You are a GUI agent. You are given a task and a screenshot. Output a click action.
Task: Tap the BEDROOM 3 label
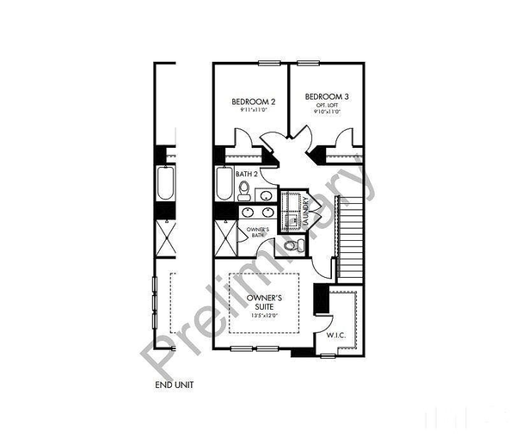point(323,95)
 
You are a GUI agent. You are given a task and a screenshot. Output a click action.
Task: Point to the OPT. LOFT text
point(323,104)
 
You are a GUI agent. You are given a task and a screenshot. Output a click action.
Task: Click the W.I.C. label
point(336,336)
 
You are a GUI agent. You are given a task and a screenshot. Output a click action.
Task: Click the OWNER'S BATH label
point(258,232)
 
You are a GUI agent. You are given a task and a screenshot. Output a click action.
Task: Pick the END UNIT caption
point(174,385)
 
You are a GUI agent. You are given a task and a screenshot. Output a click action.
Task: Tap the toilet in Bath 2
point(244,188)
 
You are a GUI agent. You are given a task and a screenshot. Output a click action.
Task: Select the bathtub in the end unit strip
point(164,185)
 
